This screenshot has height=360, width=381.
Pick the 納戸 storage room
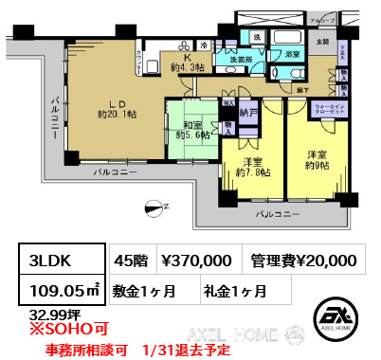(249, 112)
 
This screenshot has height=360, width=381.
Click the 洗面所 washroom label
(227, 61)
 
